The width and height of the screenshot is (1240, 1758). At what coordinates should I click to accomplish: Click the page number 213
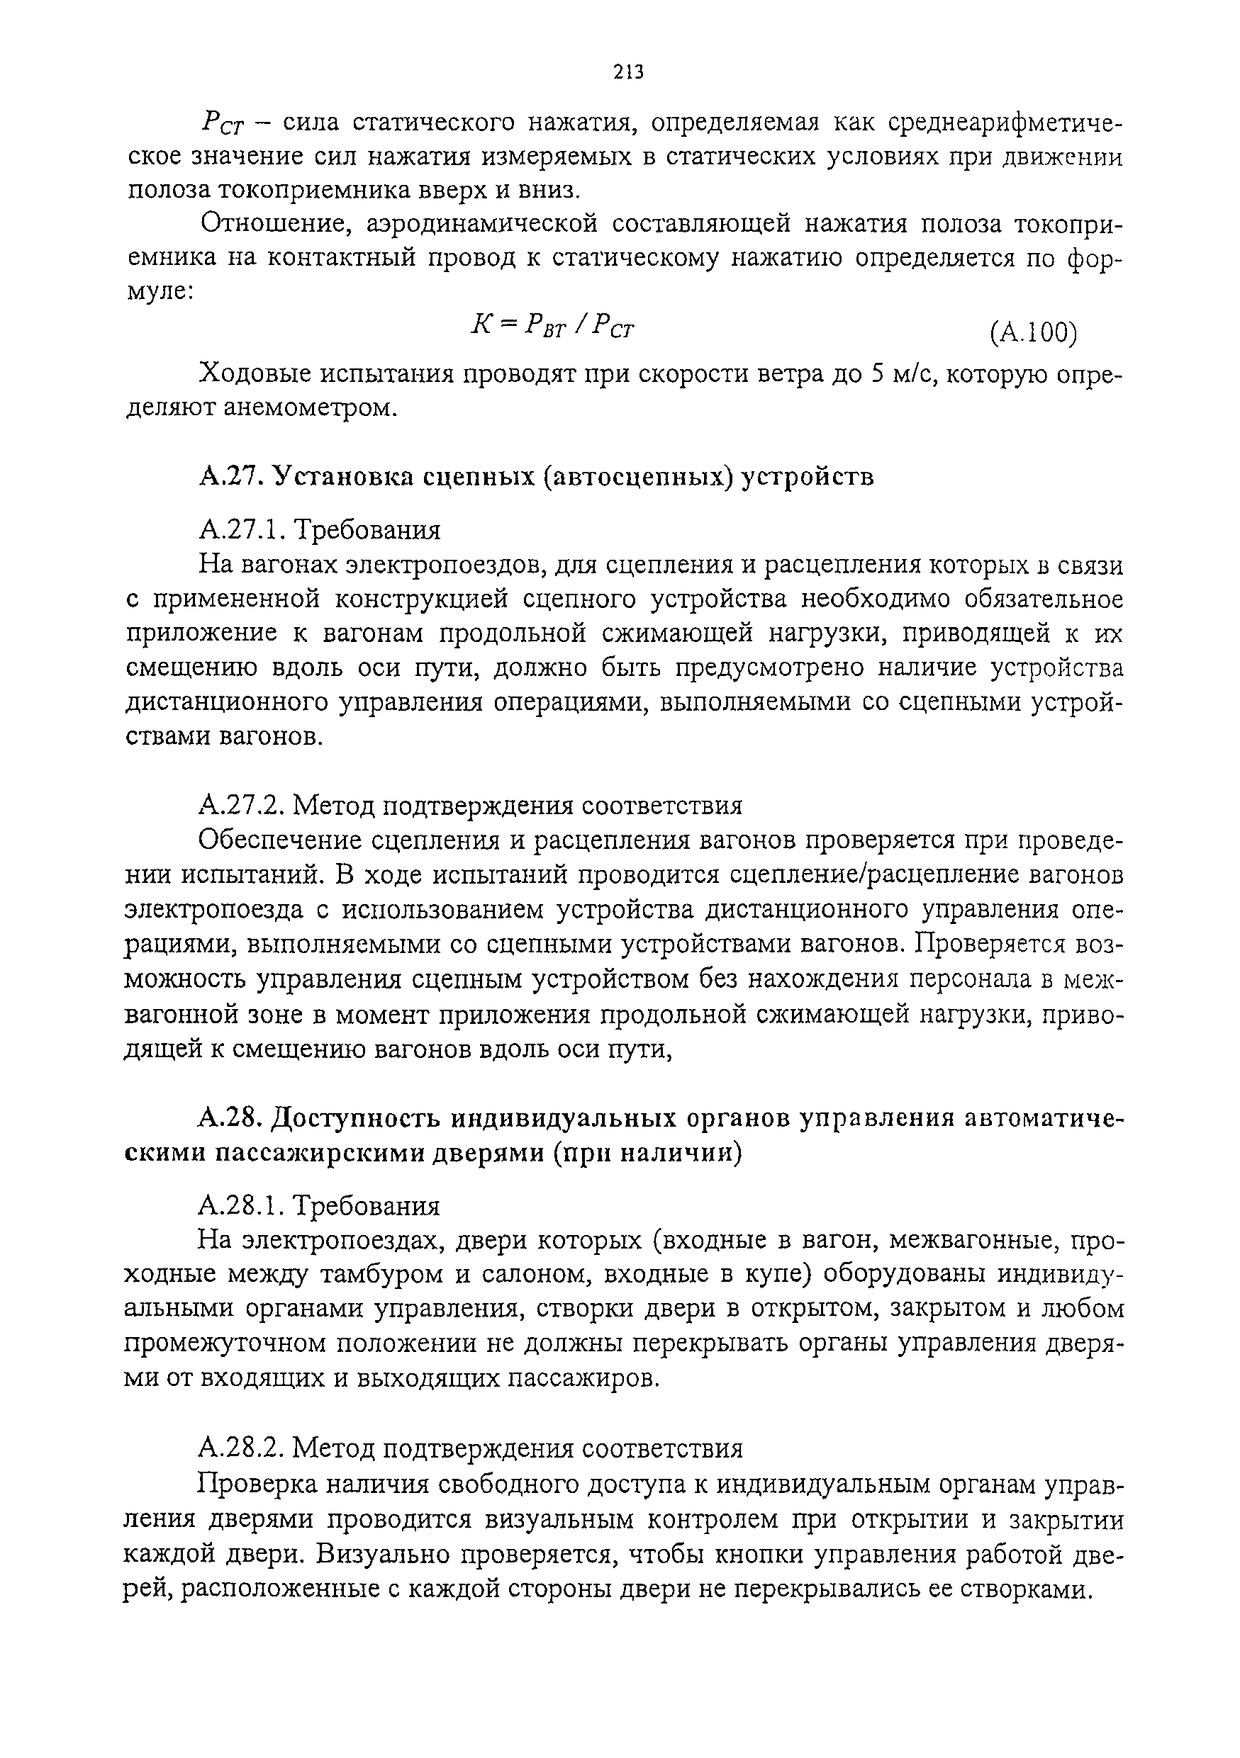(x=628, y=72)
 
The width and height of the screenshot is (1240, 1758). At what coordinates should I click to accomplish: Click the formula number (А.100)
(x=1033, y=332)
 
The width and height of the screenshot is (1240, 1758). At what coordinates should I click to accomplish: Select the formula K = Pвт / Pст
(x=553, y=326)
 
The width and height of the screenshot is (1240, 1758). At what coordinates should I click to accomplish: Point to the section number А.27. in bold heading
(x=231, y=475)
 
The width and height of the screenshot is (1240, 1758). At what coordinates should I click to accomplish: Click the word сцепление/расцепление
(x=876, y=875)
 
